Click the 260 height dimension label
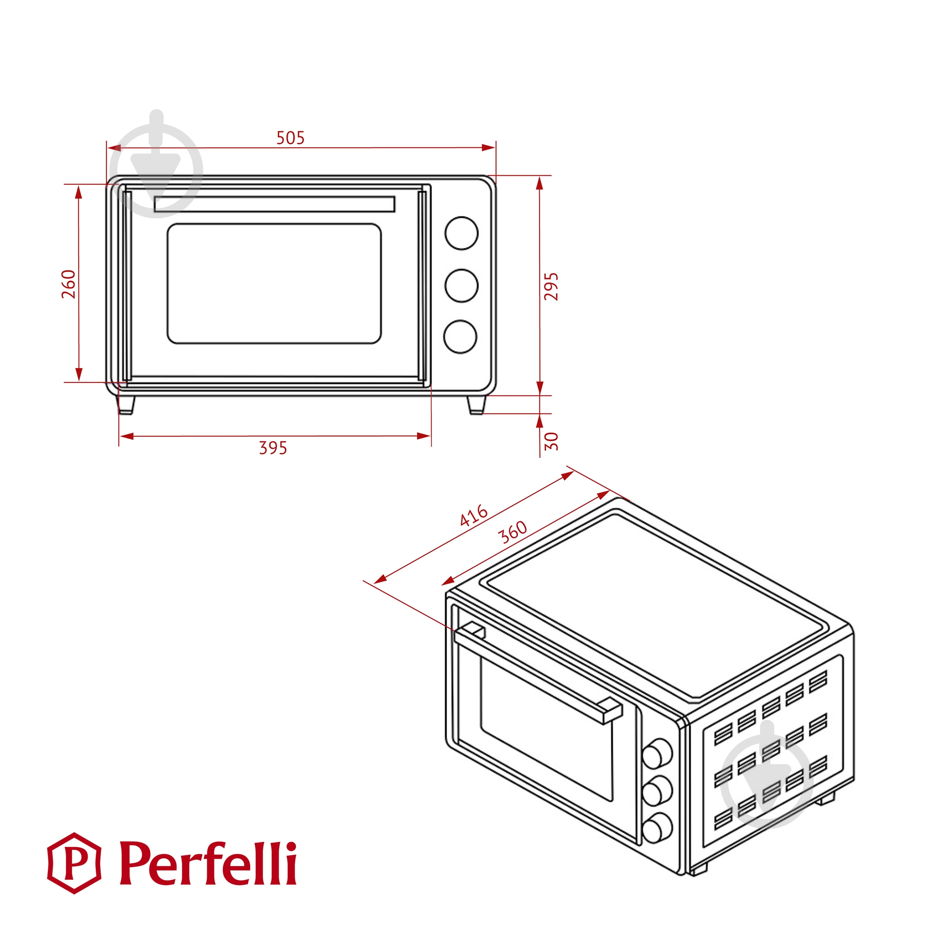pos(69,284)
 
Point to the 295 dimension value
pos(551,287)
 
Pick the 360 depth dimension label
pos(513,532)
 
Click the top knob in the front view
pos(461,233)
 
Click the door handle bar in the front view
pos(274,204)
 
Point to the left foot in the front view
pos(126,404)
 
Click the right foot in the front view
pos(476,405)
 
